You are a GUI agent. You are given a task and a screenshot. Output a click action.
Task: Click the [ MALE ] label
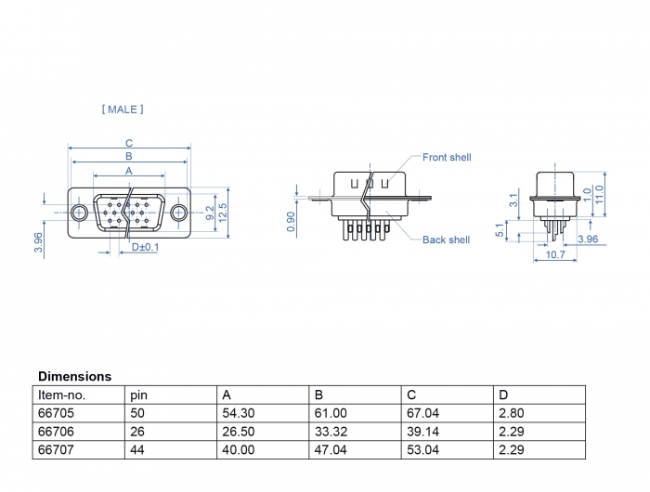[x=123, y=110]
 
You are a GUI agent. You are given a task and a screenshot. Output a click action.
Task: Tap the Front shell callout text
[x=447, y=158]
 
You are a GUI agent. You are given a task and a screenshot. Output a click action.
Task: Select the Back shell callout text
[x=446, y=240]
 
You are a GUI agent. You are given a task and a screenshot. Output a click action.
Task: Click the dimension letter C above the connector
[x=129, y=143]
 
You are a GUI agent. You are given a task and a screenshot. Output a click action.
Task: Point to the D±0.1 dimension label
[x=145, y=248]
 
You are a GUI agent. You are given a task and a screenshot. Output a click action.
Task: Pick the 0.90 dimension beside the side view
[x=291, y=221]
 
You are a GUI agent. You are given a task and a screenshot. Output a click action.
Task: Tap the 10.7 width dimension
[x=555, y=254]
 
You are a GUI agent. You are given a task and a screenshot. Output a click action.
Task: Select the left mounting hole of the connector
[x=81, y=213]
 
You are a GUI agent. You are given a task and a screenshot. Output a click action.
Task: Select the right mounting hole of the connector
[x=177, y=213]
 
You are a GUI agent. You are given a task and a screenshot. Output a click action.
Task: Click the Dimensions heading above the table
[x=74, y=377]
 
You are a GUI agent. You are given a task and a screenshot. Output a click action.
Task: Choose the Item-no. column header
[x=61, y=395]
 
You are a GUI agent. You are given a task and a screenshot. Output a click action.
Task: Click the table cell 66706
[x=55, y=432]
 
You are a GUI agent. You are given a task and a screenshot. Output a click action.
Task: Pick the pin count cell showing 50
[x=138, y=413]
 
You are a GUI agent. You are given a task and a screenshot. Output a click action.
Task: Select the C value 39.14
[x=422, y=432]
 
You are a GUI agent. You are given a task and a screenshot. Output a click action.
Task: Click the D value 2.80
[x=513, y=413]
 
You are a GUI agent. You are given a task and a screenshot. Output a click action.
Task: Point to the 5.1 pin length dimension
[x=502, y=229]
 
